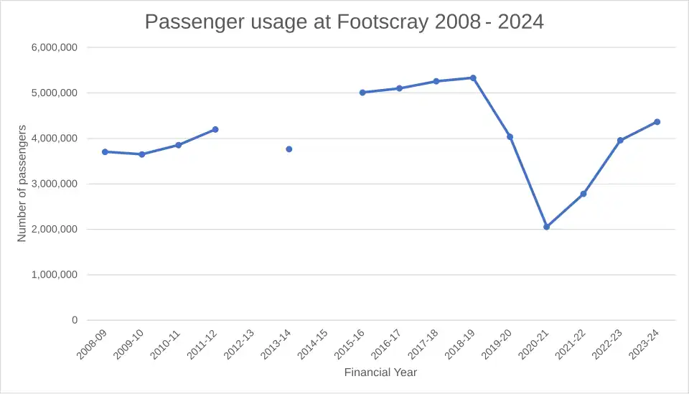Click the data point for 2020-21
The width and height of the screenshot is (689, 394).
[x=547, y=227]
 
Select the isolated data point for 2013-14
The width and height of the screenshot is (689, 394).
[x=289, y=149]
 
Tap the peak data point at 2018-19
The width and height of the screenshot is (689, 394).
[x=473, y=78]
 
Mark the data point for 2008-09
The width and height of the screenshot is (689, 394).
[x=105, y=151]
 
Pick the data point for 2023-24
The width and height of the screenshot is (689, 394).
[x=657, y=122]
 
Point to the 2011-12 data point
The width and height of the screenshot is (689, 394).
[x=215, y=129]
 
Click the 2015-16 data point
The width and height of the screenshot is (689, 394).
[x=362, y=93]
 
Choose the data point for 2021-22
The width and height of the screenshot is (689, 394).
[x=583, y=194]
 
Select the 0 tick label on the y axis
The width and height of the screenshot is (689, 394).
[x=75, y=320]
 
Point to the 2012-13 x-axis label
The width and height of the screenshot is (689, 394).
[x=238, y=345]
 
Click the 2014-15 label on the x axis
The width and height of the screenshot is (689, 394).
[x=312, y=345]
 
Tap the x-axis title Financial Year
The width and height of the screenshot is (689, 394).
[x=380, y=372]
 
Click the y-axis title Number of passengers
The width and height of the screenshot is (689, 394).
[x=22, y=183]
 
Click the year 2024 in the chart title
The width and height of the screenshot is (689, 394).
[x=520, y=22]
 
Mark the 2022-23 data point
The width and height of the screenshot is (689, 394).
[x=620, y=141]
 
